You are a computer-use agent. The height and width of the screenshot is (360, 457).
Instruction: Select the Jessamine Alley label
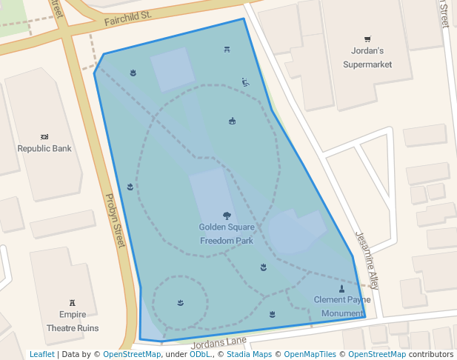(367, 259)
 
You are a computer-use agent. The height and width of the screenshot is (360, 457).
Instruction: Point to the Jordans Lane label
(219, 342)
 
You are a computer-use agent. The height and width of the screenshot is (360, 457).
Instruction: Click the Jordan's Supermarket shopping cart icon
(367, 39)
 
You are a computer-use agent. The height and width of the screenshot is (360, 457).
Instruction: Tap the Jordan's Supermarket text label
(367, 58)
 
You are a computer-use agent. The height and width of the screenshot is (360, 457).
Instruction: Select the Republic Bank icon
(44, 137)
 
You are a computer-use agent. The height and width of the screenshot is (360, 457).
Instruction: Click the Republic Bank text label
(44, 149)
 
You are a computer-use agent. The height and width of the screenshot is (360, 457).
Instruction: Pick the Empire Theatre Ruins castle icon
(73, 302)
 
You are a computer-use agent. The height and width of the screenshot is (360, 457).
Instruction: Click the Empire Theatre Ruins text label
(73, 321)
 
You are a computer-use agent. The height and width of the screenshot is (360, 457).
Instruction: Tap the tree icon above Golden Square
(227, 216)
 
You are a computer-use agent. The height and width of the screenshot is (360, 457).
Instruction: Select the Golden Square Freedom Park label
(227, 234)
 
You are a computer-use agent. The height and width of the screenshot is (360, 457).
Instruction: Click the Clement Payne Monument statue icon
(341, 289)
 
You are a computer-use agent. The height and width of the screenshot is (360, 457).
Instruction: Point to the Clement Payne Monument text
(342, 307)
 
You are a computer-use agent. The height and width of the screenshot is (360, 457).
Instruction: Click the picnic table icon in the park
(227, 50)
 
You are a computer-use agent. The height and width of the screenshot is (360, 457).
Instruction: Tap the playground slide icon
(245, 82)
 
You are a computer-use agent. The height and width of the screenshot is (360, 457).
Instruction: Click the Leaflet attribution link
(42, 355)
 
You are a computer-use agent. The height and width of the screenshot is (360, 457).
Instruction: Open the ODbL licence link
(200, 355)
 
